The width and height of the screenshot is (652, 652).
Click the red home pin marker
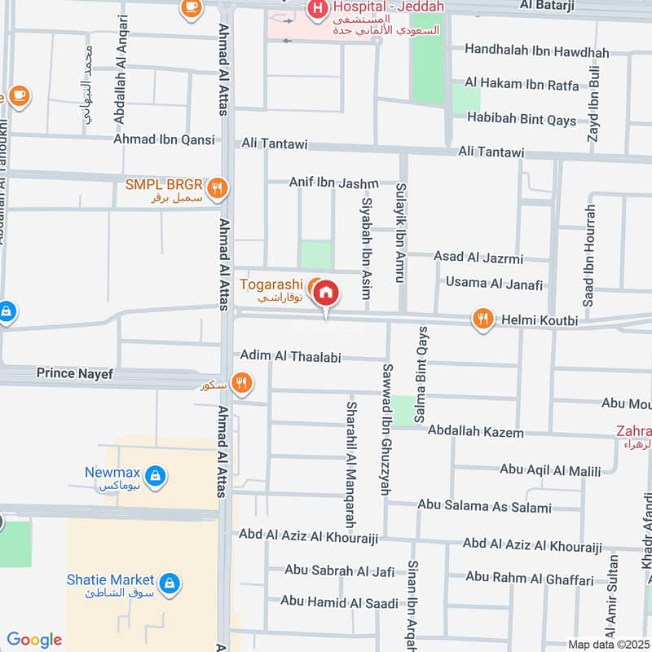pos(326,293)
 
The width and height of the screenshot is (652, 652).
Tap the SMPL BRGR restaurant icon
pos(217,190)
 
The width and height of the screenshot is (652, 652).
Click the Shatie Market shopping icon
pos(169,583)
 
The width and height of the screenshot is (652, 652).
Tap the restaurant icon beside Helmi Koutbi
pos(483,319)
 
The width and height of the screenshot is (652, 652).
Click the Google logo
pos(33,640)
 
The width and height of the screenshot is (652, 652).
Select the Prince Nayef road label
pos(73,374)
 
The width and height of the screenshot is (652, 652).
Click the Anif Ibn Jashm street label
pos(340,183)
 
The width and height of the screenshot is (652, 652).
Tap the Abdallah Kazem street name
pos(475,432)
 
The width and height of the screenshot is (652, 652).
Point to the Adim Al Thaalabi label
pos(290,356)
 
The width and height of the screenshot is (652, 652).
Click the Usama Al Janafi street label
pos(493,283)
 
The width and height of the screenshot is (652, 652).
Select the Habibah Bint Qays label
pos(521,119)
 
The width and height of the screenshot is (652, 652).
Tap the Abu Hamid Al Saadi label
pos(339,602)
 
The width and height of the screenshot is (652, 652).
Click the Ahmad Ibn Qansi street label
pos(164,139)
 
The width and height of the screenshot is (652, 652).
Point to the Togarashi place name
pos(271,284)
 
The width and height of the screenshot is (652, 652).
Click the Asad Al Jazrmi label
pos(478,258)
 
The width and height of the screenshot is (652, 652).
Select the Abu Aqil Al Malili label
pos(549,470)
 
